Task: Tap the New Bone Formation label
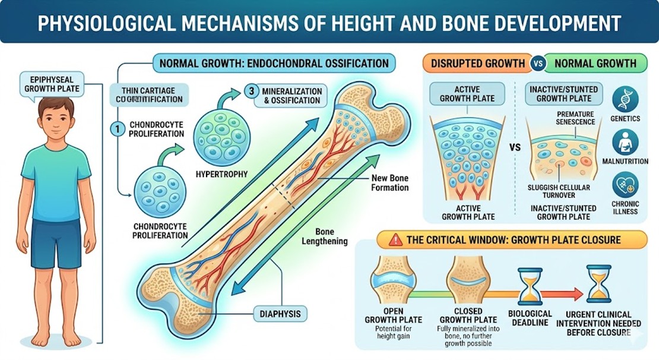click(x=390, y=183)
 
